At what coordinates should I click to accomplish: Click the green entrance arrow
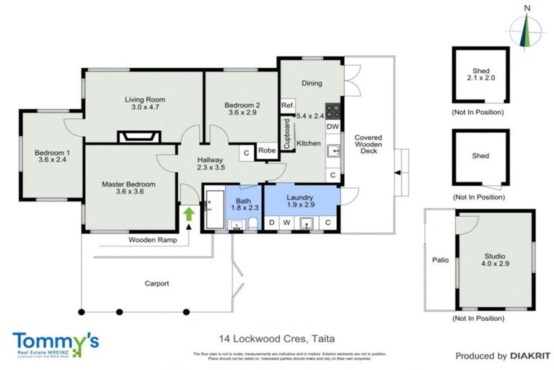pos(188,214)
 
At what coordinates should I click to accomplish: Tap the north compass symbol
pos(527,29)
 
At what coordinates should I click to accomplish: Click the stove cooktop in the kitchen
pos(333,111)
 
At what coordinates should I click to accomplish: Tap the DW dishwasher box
pos(333,127)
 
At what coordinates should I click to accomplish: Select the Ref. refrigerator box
pos(287,106)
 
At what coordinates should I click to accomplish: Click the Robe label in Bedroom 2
pos(267,151)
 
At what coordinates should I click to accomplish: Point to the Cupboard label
pos(286,134)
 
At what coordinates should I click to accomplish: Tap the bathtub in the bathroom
pos(214,210)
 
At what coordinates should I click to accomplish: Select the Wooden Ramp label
pos(152,239)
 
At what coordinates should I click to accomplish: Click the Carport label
pos(156,283)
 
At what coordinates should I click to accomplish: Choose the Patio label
pos(440,259)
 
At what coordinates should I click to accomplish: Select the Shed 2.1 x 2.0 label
pos(480,75)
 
